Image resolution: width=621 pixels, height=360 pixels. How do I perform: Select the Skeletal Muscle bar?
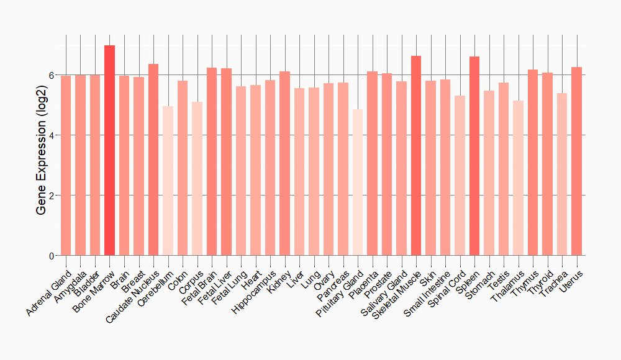[x=416, y=155]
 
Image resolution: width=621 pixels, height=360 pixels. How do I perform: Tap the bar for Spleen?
[x=474, y=156]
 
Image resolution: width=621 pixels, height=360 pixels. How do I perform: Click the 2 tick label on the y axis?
[x=52, y=196]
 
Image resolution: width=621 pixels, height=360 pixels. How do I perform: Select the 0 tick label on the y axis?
[x=52, y=256]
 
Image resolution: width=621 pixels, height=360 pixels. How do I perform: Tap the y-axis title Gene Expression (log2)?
[x=42, y=146]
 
